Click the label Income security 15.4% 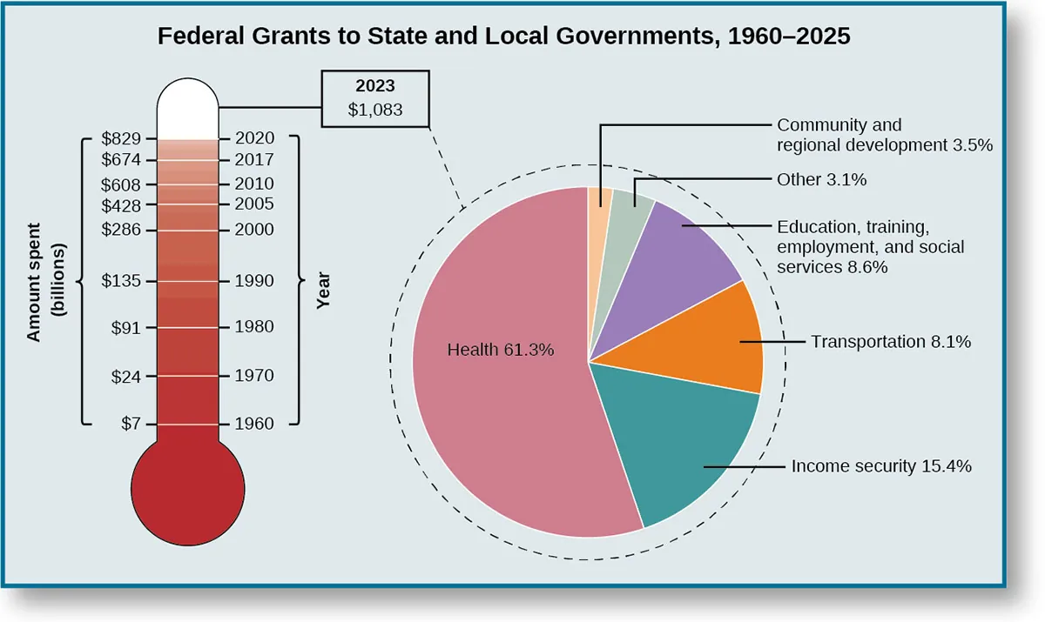coord(881,466)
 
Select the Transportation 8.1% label coord(891,342)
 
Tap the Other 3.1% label coord(822,180)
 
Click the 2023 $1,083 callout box coord(374,99)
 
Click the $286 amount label coord(121,230)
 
